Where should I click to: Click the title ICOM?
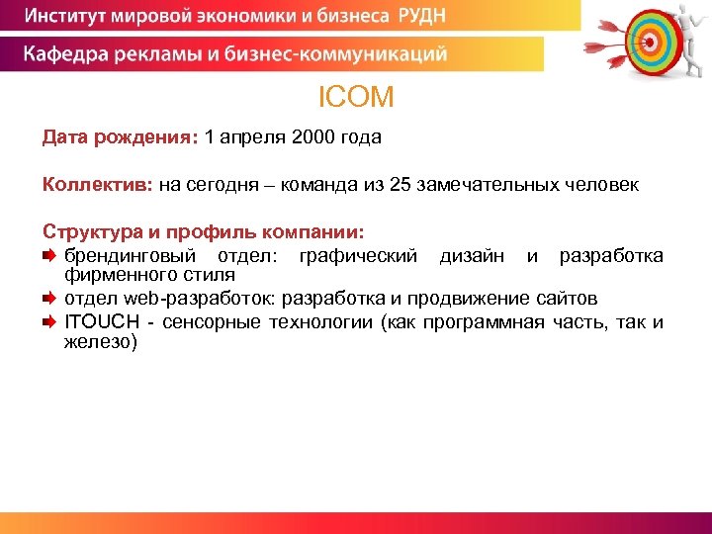(356, 97)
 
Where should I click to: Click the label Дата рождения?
(120, 138)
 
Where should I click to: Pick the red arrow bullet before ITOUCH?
(50, 322)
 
